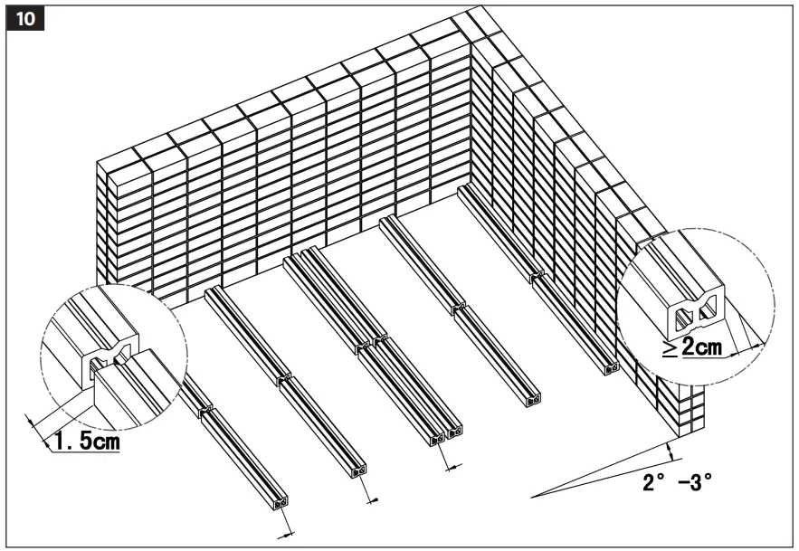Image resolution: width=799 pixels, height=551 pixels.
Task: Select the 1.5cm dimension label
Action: [x=83, y=443]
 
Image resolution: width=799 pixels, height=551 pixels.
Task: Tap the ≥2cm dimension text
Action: [x=701, y=347]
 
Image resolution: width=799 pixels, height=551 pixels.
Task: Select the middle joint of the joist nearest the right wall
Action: [x=537, y=273]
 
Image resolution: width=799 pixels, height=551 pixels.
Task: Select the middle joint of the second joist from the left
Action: [x=285, y=375]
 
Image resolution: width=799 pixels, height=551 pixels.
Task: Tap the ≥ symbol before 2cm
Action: [x=670, y=348]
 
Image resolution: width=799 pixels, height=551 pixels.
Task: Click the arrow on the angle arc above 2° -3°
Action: [x=670, y=450]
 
